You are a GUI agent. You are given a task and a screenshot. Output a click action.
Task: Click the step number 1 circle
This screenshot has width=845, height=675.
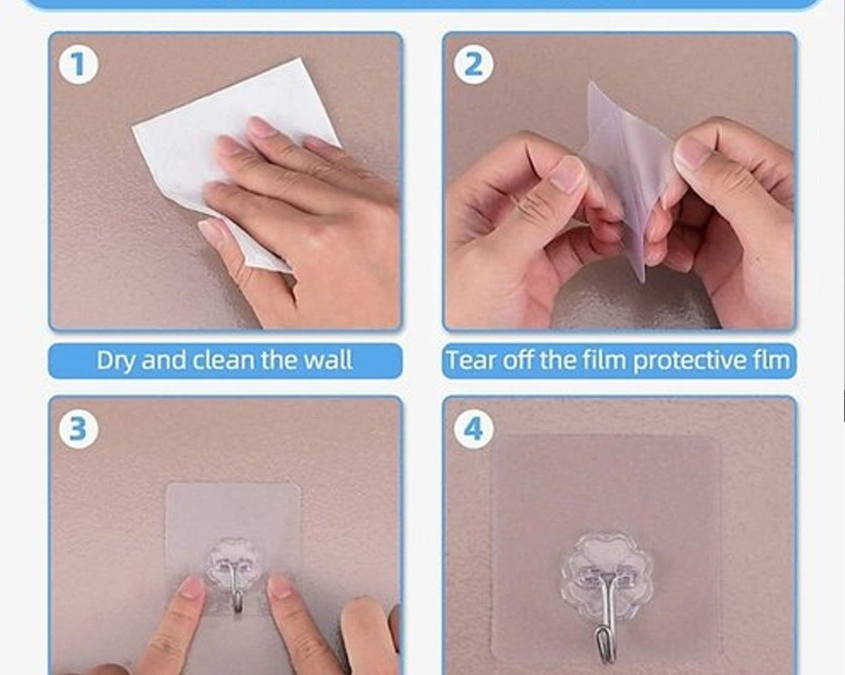(x=78, y=64)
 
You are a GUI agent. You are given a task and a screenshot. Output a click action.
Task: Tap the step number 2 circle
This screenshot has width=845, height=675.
(x=473, y=64)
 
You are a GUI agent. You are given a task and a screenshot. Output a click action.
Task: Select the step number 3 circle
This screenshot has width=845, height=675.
(x=78, y=428)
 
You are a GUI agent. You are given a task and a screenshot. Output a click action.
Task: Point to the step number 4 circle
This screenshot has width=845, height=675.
(x=473, y=428)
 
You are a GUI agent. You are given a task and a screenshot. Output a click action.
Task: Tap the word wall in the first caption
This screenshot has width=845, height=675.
(x=328, y=360)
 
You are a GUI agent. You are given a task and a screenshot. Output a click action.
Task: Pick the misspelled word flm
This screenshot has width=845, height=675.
(x=771, y=360)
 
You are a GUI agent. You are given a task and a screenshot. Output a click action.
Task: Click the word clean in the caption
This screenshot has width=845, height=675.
(x=224, y=360)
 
